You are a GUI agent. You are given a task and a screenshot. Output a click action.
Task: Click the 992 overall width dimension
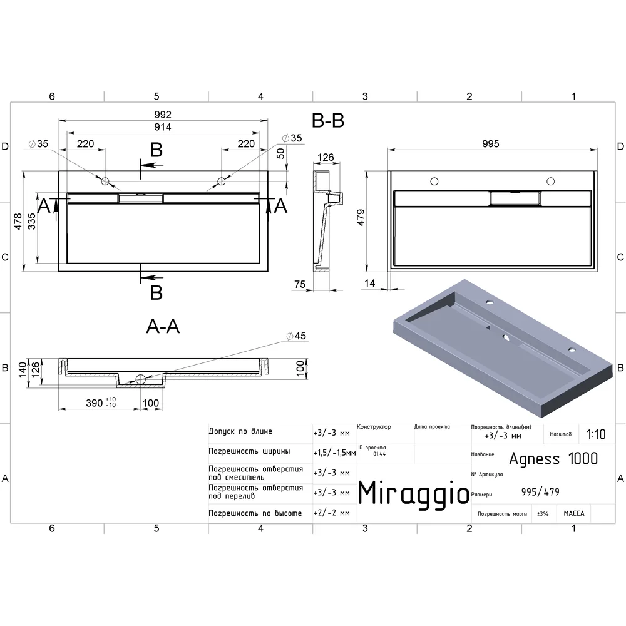click(163, 115)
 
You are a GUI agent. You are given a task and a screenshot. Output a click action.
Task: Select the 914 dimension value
click(163, 127)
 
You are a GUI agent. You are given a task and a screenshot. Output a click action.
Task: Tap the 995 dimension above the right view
click(491, 144)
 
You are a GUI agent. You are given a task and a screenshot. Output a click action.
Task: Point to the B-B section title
click(328, 120)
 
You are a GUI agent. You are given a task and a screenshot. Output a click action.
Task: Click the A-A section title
click(163, 327)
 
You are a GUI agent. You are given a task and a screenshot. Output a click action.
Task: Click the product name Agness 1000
click(553, 459)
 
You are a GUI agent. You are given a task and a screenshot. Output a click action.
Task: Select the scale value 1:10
click(596, 434)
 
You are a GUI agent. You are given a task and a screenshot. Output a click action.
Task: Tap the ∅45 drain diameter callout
click(296, 336)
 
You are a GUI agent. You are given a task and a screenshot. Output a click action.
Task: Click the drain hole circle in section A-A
click(140, 379)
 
